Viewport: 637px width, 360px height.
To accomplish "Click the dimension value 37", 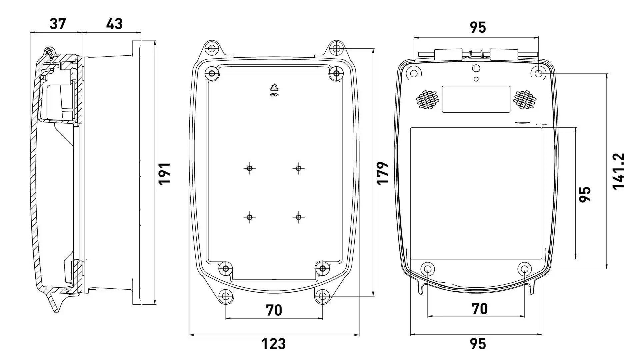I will pos(58,24).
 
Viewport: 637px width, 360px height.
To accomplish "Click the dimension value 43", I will pos(114,24).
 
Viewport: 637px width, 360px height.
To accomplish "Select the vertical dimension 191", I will pos(164,173).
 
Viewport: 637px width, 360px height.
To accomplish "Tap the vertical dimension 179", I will pos(383,173).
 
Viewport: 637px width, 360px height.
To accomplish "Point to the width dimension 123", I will pos(273,344).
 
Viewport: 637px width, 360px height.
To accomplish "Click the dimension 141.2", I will pos(619,171).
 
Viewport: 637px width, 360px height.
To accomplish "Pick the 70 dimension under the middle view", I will pos(274,310).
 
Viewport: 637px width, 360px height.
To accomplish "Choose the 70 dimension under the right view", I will pos(479,309).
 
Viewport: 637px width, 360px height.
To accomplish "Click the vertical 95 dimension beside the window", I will pos(585,194).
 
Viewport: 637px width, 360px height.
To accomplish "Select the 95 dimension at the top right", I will pos(478,27).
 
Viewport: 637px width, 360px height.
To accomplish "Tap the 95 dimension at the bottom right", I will pos(478,344).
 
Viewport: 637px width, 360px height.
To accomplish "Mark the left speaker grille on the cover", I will pos(427,99).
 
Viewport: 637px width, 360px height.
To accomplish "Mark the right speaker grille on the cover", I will pos(525,99).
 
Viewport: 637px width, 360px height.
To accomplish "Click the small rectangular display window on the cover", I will pos(476,99).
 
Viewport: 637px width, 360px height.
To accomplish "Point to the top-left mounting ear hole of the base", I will pos(212,49).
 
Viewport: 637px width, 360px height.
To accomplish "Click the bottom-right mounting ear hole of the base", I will pos(323,296).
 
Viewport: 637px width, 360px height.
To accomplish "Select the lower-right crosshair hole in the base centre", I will pos(298,217).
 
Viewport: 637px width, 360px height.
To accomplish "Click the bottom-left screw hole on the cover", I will pos(427,269).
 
